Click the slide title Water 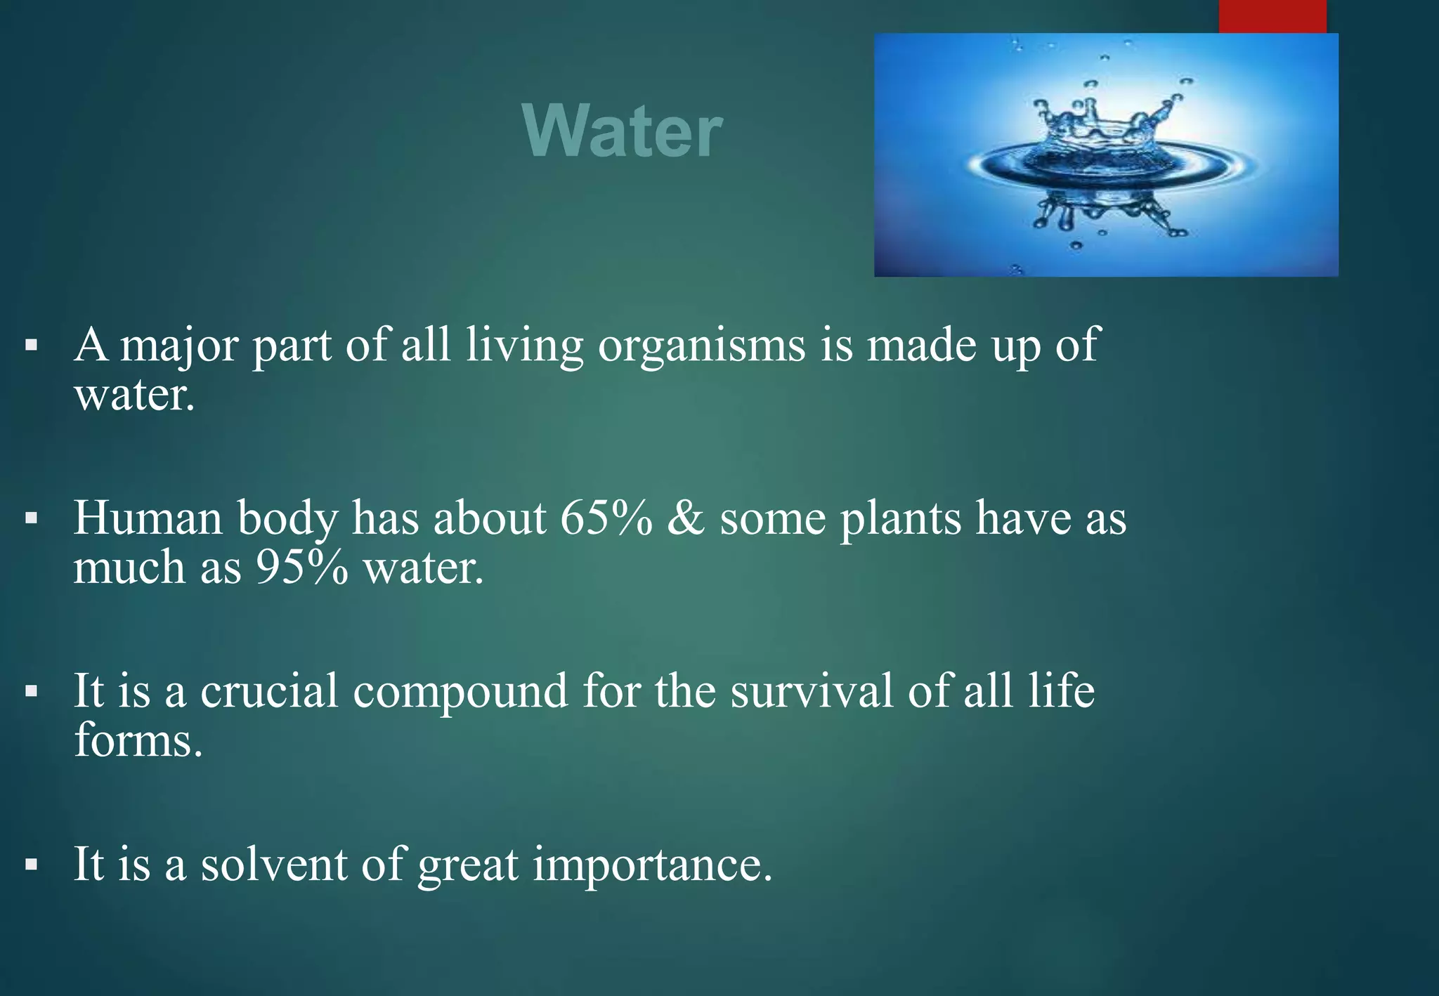point(623,131)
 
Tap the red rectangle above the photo point(1272,16)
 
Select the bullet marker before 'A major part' point(30,346)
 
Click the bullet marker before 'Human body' point(30,519)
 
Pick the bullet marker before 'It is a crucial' point(30,692)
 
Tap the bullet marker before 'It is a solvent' point(30,865)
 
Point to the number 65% point(606,518)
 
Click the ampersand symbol point(686,518)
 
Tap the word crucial point(269,690)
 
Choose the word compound point(460,692)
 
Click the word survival point(812,690)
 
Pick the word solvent point(274,864)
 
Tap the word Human point(148,518)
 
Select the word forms point(138,740)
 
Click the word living point(524,346)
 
